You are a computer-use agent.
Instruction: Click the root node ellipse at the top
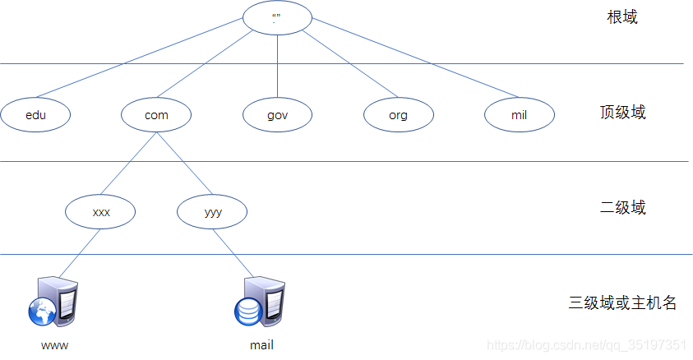pos(277,18)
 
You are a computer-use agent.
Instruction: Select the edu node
pos(35,115)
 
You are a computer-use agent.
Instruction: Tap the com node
pos(156,115)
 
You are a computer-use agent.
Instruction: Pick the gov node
pos(277,115)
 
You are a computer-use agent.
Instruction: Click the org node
pos(398,115)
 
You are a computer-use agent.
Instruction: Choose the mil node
pos(520,115)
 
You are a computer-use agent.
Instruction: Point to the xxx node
pos(100,212)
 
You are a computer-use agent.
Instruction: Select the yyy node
pos(212,212)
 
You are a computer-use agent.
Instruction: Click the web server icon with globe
pos(53,302)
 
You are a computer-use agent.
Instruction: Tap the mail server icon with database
pos(260,302)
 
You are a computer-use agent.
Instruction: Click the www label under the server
pos(55,345)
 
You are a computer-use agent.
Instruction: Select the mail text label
pos(261,345)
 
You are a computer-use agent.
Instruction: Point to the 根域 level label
pos(622,17)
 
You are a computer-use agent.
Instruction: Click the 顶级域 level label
pos(623,113)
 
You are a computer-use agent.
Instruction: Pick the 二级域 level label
pos(623,207)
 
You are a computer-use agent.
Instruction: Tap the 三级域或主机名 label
pos(622,302)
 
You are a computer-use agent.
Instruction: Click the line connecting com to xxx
pos(128,164)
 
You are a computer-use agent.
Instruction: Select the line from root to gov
pos(277,67)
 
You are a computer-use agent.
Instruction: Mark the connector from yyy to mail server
pos(233,253)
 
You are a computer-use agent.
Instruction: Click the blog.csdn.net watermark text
pos(586,345)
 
